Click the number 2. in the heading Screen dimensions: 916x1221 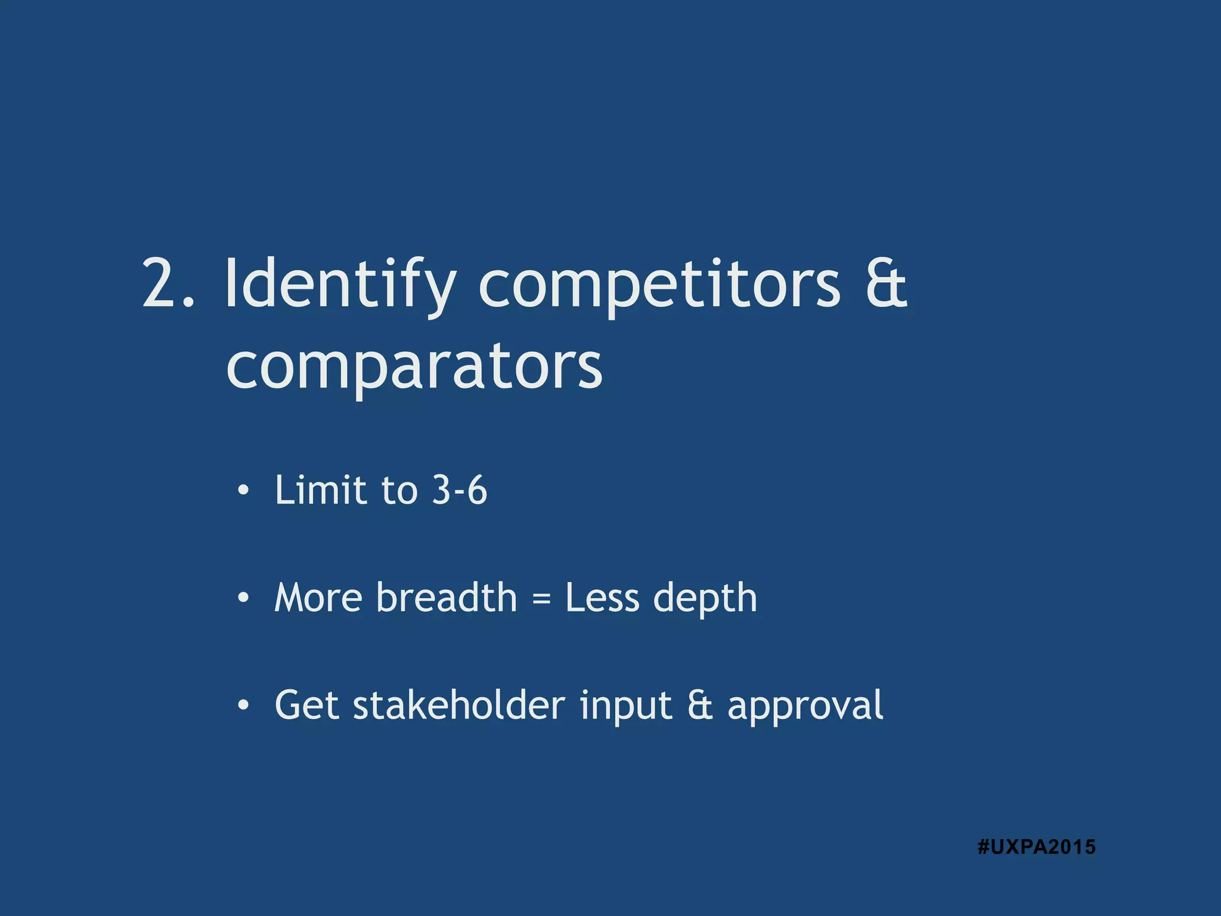point(168,285)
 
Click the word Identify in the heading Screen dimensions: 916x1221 point(340,285)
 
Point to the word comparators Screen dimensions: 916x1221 point(414,367)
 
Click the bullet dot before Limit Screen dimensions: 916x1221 point(243,491)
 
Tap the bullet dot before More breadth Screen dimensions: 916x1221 point(243,598)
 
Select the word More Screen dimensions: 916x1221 point(318,598)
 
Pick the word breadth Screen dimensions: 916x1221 point(446,598)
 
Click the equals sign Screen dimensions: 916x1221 point(541,599)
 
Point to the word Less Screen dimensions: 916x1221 point(602,598)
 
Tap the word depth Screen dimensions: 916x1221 point(705,599)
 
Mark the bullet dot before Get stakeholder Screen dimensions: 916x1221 point(243,705)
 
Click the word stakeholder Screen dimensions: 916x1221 point(458,705)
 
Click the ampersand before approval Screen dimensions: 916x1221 point(700,705)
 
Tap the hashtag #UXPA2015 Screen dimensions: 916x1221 point(1036,847)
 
